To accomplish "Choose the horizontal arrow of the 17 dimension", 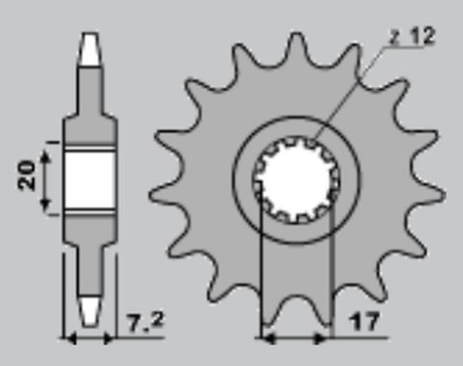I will (x=296, y=338).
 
